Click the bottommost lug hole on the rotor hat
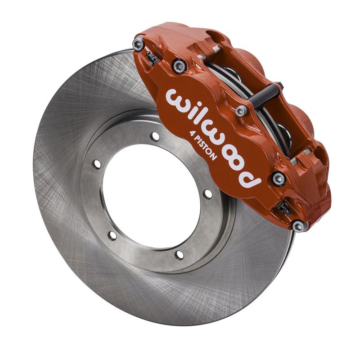[x=179, y=255]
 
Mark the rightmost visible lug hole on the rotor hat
[x=207, y=194]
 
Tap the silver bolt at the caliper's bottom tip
[x=298, y=225]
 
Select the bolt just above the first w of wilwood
[x=180, y=66]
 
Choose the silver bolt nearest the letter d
[x=278, y=178]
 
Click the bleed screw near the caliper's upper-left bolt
[x=152, y=58]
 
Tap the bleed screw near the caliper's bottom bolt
[x=283, y=208]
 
